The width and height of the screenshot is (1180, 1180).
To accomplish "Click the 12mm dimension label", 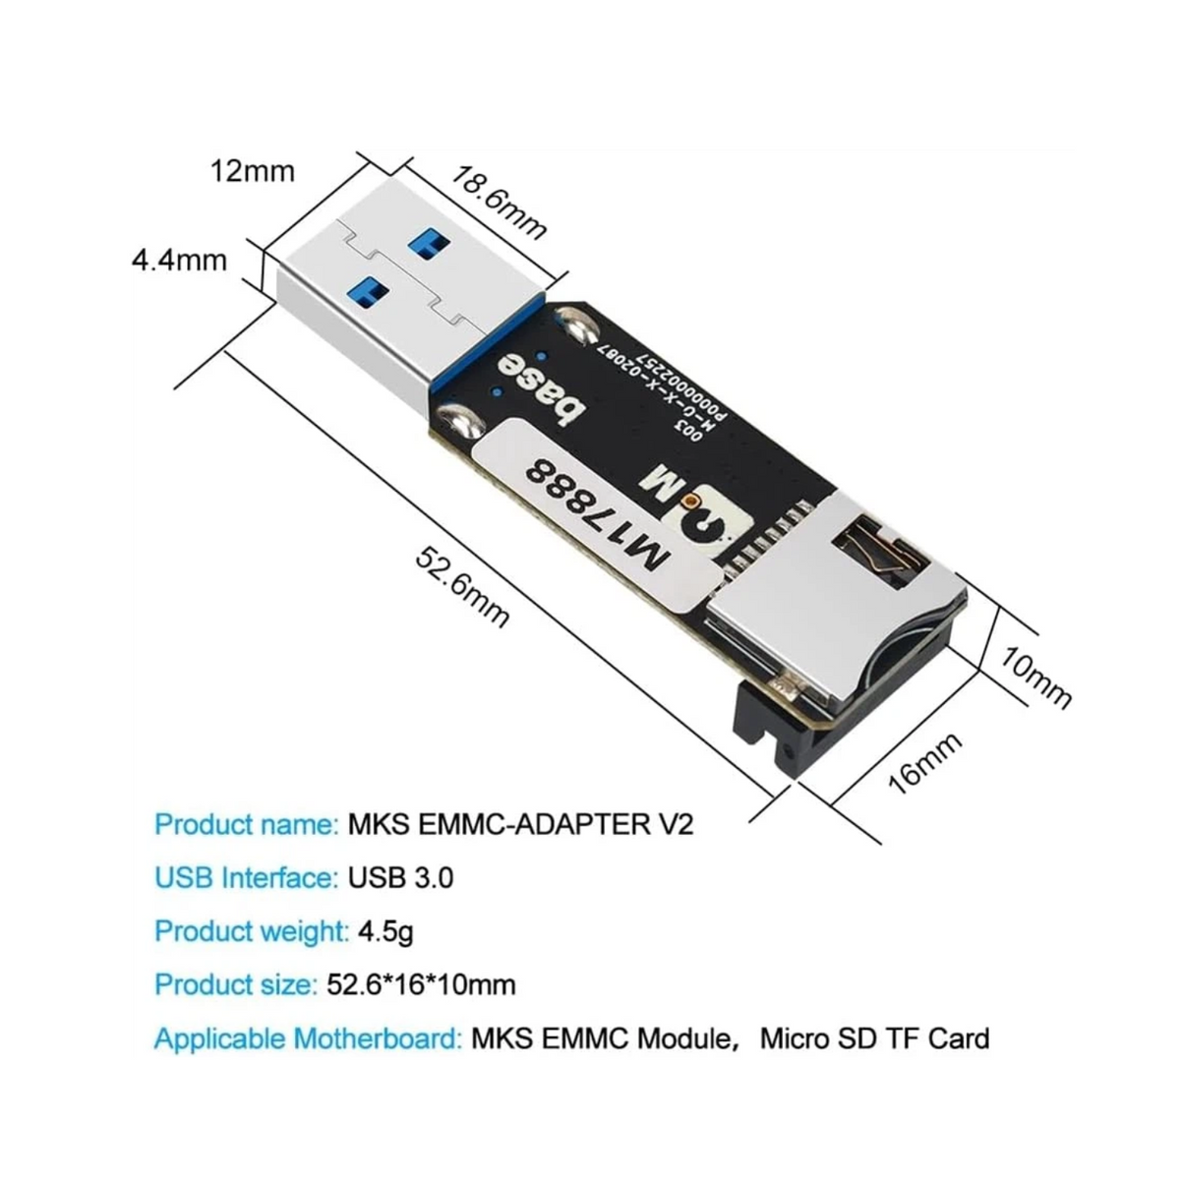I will [252, 171].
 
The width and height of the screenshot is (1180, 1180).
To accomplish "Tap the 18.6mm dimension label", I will [499, 203].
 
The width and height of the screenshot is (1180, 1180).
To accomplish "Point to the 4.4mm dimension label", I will [179, 261].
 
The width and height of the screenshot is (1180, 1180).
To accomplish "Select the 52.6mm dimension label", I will [462, 587].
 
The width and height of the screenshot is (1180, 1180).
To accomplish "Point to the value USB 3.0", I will [401, 877].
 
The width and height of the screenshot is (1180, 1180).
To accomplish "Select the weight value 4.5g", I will [384, 930].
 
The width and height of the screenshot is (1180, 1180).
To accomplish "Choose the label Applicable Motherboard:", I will [308, 1037].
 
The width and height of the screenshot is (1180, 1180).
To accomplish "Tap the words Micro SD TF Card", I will [875, 1037].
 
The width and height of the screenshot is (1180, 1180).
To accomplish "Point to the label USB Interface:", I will [246, 877].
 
